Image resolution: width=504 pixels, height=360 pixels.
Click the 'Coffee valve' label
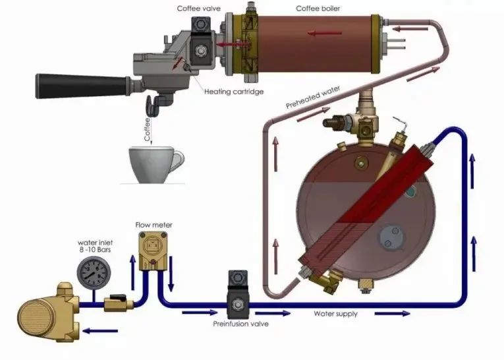[x=198, y=9]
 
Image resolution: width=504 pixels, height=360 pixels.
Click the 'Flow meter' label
[x=154, y=225]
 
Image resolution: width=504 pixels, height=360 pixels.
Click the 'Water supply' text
[x=336, y=314]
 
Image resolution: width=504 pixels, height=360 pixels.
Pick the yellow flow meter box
[x=154, y=254]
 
